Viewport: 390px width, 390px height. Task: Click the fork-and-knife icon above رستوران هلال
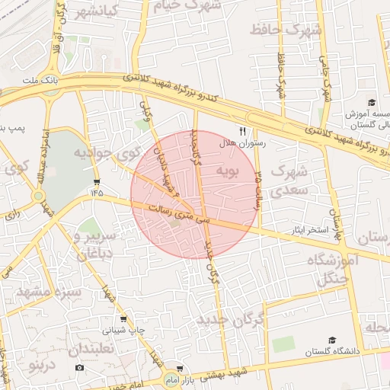tap(243, 131)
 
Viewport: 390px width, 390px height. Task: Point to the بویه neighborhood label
tap(229, 171)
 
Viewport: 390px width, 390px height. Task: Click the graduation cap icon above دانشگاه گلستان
tap(331, 340)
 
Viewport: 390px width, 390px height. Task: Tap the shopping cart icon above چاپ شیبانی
tap(123, 319)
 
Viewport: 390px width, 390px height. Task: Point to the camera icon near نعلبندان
tap(80, 368)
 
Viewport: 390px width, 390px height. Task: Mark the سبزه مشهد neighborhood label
tap(49, 291)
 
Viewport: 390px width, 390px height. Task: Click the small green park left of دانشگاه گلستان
tap(283, 344)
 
